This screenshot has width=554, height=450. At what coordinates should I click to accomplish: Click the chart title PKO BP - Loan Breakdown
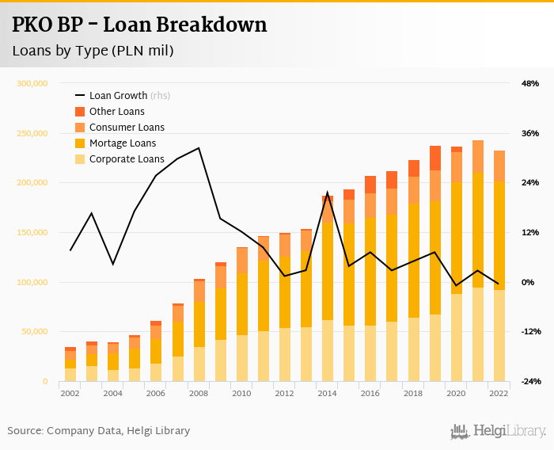[x=139, y=25]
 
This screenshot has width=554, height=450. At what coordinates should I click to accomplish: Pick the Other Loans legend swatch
[x=80, y=112]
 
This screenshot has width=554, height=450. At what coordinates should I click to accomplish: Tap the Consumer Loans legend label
[x=127, y=128]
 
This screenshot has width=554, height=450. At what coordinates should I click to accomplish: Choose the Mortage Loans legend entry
[x=123, y=143]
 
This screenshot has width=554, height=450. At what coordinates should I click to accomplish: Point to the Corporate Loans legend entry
[x=127, y=159]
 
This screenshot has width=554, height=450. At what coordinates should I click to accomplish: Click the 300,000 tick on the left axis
[x=32, y=83]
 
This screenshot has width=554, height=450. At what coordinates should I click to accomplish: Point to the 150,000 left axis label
[x=32, y=233]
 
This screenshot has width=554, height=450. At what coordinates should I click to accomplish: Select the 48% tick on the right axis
[x=529, y=83]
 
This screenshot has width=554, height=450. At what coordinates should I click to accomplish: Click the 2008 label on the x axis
[x=199, y=393]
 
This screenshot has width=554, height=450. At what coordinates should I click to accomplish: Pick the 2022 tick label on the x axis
[x=499, y=393]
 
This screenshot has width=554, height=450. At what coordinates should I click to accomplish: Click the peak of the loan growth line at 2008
[x=199, y=148]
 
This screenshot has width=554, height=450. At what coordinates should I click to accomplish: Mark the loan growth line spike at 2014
[x=328, y=193]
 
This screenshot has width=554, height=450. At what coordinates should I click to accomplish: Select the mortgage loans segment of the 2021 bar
[x=478, y=230]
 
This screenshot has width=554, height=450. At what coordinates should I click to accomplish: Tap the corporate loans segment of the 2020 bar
[x=457, y=337]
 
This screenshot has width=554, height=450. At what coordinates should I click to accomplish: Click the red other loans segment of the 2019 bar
[x=435, y=158]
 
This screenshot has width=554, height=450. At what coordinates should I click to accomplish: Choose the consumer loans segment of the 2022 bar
[x=499, y=166]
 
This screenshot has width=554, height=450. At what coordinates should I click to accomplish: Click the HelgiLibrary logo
[x=499, y=431]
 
